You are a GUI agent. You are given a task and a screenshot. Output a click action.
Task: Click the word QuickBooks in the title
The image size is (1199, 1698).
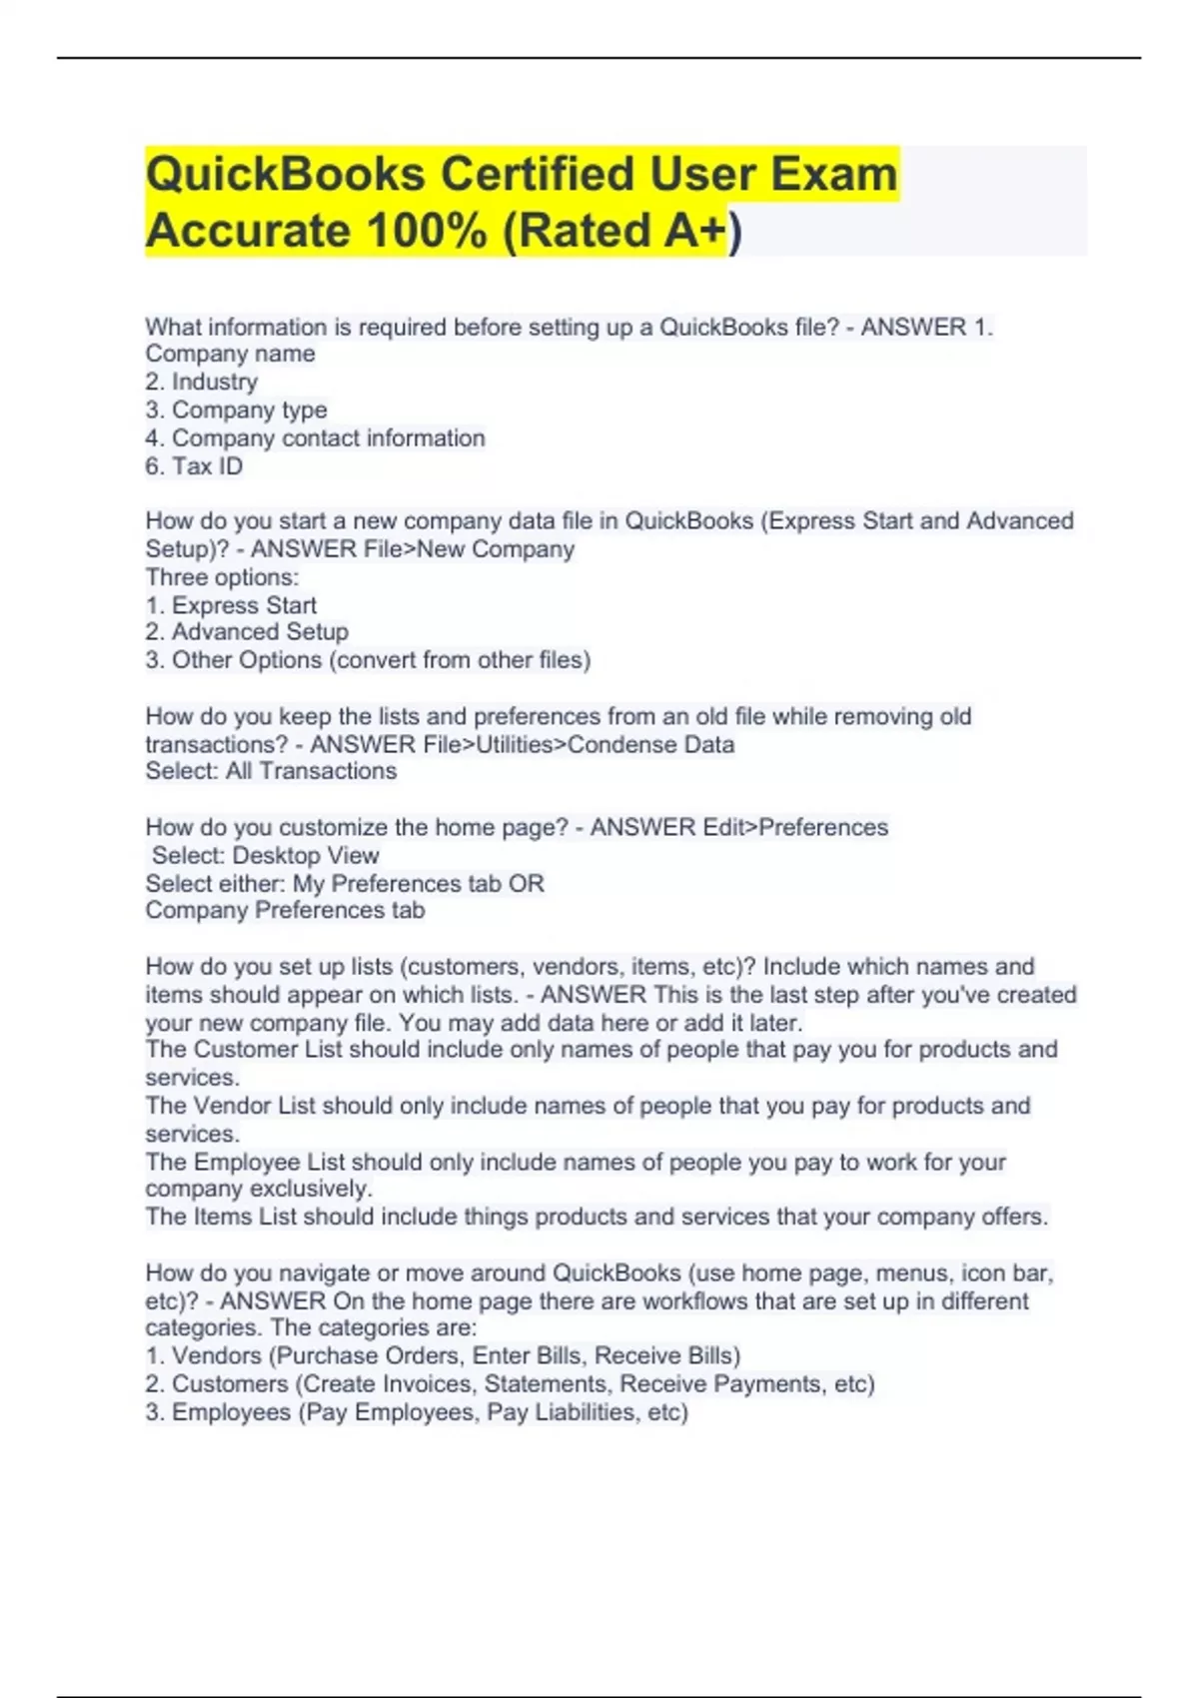[x=286, y=175]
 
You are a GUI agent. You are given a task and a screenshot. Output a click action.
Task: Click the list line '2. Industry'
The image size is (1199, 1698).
[x=201, y=382]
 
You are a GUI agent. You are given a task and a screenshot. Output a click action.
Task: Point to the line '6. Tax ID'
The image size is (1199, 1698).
[x=194, y=466]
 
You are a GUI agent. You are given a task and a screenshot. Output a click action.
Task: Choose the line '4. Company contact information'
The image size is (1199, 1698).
[x=315, y=438]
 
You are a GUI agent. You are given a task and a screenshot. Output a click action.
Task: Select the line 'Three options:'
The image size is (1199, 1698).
[x=222, y=577]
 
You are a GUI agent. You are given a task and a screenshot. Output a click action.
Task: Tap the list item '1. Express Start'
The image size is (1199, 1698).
[x=231, y=605]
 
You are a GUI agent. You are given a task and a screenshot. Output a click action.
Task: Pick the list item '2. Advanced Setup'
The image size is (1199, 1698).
[x=247, y=632]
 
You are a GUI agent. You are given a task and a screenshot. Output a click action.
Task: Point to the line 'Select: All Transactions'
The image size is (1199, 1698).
[x=271, y=771]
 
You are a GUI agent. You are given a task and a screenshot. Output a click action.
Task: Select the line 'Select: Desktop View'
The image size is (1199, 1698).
[x=265, y=856]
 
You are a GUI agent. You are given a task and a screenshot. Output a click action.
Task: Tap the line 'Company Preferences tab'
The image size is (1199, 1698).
[x=285, y=910]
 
